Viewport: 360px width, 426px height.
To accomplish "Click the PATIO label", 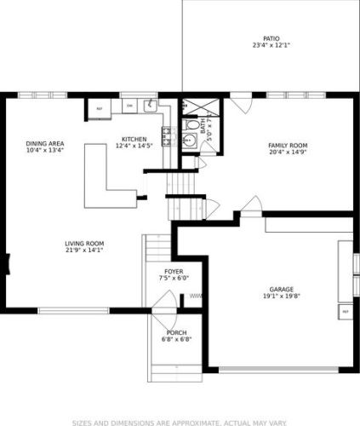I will pos(271,39).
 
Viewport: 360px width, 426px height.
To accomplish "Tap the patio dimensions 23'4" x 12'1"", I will pos(271,46).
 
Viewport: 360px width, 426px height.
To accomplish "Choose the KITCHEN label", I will pos(134,140).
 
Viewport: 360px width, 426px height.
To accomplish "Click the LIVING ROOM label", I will pos(83,245).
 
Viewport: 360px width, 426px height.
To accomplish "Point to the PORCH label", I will pos(176,332).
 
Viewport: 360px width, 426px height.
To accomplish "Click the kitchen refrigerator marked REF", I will pos(99,109).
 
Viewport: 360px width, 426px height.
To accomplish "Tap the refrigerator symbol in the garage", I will pos(346,313).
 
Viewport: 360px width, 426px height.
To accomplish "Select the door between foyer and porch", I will pos(169,303).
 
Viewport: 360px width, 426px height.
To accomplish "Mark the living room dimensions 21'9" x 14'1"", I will pos(83,251).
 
